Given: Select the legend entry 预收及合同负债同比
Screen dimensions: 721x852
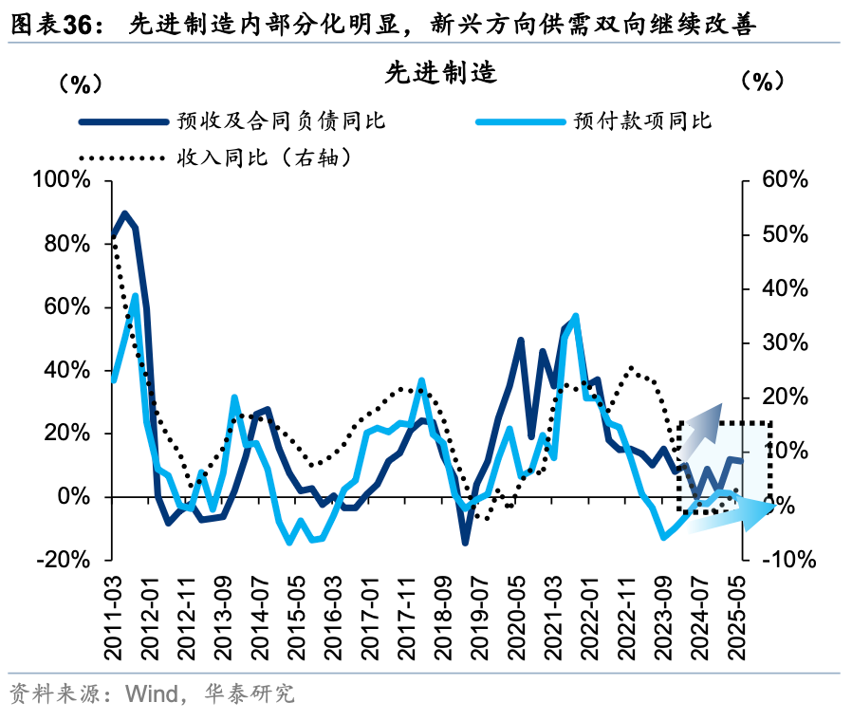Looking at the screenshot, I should [281, 120].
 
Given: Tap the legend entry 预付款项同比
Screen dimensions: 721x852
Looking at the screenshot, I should [642, 120].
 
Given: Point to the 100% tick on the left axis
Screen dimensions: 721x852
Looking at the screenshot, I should [61, 181].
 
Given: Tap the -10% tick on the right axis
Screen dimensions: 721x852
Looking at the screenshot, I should [787, 560].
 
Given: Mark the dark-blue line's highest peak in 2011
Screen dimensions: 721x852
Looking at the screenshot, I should [125, 213].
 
